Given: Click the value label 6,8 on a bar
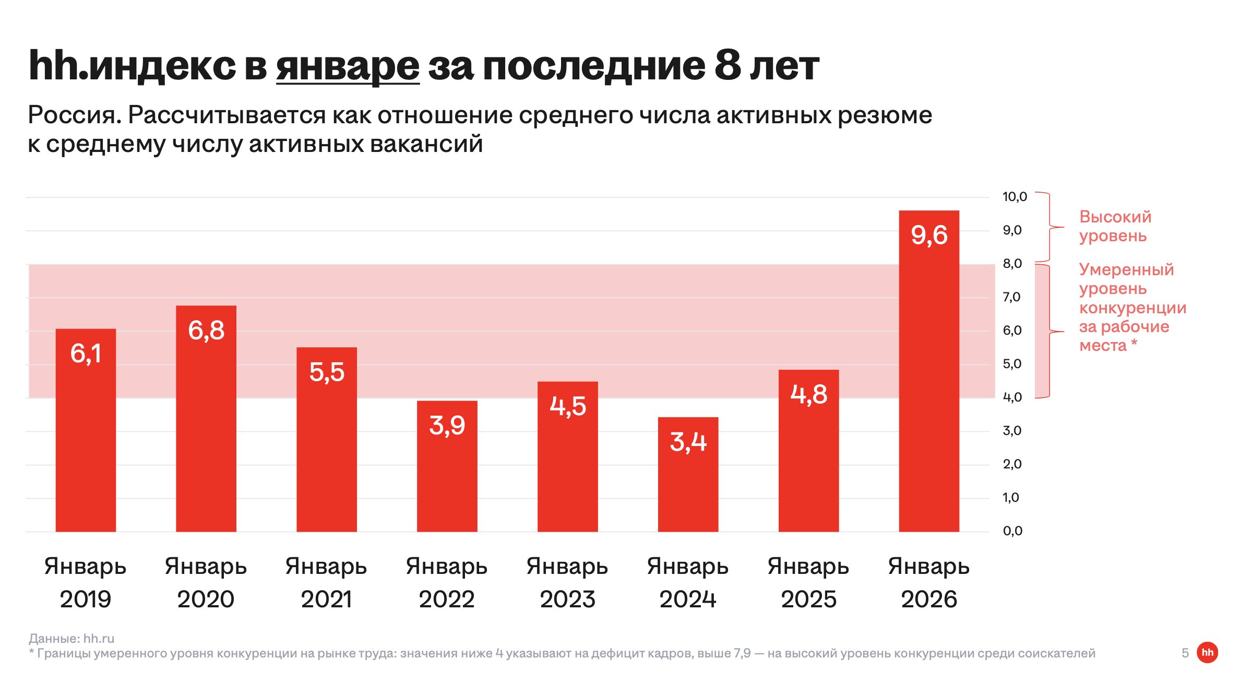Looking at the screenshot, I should [x=206, y=331].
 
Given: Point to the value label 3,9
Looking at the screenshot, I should [x=447, y=426].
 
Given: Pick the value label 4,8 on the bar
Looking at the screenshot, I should [x=808, y=394].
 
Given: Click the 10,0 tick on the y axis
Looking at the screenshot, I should [x=1014, y=197].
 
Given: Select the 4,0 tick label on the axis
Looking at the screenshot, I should [x=1012, y=397].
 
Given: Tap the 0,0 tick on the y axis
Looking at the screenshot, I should [x=1012, y=531].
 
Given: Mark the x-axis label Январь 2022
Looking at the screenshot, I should [x=447, y=583].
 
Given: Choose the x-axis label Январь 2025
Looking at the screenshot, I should [x=808, y=583].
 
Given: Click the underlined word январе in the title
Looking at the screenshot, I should [x=348, y=66].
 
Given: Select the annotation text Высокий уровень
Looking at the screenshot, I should [x=1115, y=226].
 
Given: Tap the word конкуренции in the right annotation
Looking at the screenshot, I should [x=1132, y=308].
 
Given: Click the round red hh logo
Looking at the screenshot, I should [x=1207, y=652].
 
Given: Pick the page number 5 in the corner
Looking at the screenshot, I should [x=1185, y=653].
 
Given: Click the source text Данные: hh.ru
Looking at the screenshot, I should [x=71, y=638].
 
